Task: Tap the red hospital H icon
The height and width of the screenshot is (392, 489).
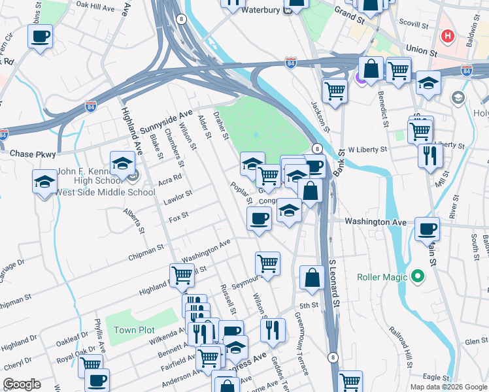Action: [x=448, y=37]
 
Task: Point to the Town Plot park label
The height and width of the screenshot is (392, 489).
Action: [x=134, y=330]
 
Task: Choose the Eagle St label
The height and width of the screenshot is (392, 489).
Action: [x=435, y=377]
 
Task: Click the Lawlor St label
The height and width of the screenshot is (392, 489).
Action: [x=178, y=195]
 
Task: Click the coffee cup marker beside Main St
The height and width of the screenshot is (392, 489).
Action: [x=427, y=229]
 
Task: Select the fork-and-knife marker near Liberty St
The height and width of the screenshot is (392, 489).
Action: [x=430, y=155]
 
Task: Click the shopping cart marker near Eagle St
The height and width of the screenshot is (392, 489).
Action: [x=350, y=381]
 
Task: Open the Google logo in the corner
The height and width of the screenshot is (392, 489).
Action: [x=22, y=384]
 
